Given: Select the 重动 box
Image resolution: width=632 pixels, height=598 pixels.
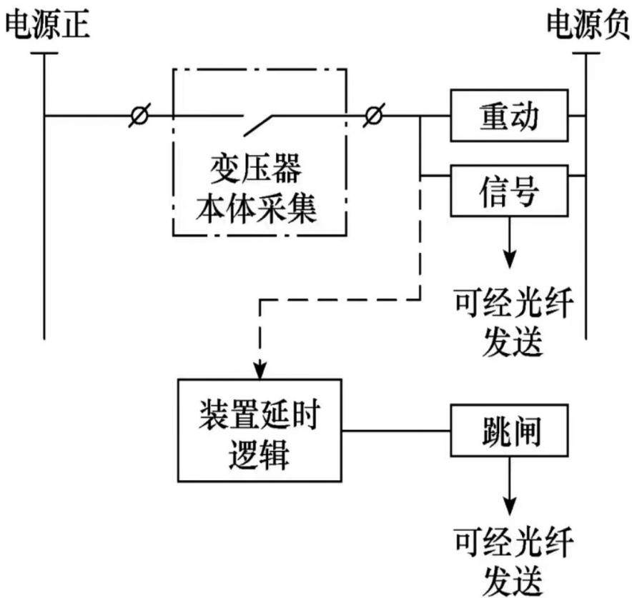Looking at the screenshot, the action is point(509,116).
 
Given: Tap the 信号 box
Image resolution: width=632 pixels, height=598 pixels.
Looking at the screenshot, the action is point(509,191).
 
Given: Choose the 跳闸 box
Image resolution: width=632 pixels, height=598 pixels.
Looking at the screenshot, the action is point(509,431).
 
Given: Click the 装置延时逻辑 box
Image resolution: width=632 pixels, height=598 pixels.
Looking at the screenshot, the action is point(260,430).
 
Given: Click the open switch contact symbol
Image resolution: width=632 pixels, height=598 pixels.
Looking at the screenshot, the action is point(259,124).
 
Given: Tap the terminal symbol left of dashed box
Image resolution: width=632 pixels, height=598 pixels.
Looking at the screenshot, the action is point(139,116).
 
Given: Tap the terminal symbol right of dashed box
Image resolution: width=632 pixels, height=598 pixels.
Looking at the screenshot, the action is point(374,116).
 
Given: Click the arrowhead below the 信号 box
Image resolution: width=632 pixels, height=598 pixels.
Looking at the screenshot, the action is point(510,260).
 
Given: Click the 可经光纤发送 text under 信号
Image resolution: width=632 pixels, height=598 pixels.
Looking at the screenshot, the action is point(513,322).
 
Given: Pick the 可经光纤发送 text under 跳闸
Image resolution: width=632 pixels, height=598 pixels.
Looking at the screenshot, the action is point(513,562).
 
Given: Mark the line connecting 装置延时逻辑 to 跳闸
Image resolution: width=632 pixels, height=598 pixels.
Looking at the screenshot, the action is point(396,431).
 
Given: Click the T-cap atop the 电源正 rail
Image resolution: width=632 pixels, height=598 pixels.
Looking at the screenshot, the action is point(44,53).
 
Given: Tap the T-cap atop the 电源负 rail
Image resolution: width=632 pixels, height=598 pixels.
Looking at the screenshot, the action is point(586,53).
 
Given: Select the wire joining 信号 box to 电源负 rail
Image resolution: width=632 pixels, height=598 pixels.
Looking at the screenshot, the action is point(577,176).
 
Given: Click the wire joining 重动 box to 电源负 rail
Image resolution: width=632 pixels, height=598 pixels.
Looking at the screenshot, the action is point(577,116).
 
